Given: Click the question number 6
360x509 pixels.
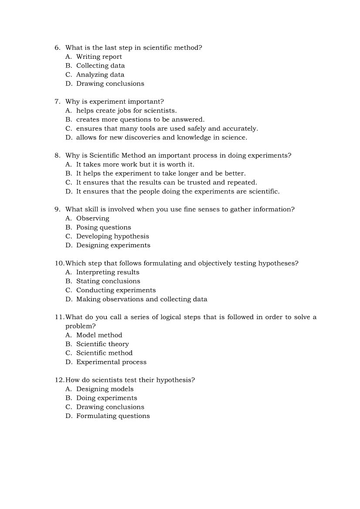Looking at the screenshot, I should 57,47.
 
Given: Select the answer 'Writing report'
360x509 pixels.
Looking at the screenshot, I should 99,57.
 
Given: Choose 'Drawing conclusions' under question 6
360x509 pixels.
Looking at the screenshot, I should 110,84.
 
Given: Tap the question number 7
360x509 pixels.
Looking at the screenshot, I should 57,101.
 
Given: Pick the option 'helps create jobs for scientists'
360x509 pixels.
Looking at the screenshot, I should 126,111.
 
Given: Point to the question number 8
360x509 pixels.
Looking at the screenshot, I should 57,155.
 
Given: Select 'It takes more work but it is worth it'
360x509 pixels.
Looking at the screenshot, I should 135,165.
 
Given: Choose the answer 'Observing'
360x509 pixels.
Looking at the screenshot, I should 92,219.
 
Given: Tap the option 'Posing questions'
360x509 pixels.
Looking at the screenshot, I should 103,227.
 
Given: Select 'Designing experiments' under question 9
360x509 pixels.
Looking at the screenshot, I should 113,245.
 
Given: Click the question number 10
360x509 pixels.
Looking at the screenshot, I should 59,263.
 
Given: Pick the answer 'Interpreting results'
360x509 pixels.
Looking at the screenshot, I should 108,272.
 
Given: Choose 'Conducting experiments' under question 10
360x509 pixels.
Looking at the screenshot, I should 115,290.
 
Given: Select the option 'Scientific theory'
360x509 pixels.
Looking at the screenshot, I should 102,344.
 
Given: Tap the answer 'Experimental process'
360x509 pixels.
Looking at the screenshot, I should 111,362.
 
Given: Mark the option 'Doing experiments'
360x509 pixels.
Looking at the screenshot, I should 106,398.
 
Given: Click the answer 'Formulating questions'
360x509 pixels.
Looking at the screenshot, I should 113,416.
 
